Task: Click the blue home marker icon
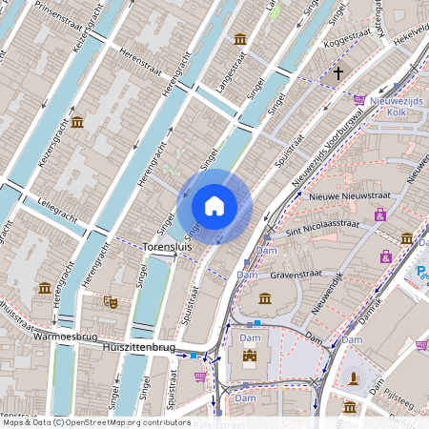214,206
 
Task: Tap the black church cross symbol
337,72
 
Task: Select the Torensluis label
168,246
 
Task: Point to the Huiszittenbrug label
138,350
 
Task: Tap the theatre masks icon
111,300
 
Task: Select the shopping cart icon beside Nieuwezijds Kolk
359,99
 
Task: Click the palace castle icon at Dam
250,358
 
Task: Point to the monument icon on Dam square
355,378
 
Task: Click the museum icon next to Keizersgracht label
77,121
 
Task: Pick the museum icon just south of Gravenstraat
265,298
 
